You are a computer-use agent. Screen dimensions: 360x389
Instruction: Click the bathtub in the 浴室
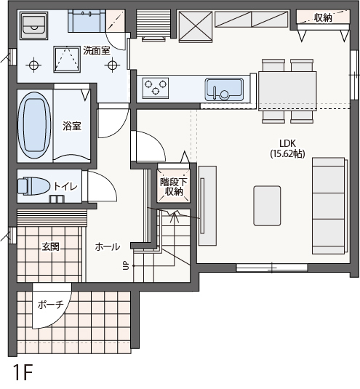(x=34, y=125)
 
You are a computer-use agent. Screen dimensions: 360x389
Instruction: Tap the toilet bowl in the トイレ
(x=33, y=185)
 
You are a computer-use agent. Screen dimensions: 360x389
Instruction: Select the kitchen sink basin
(x=224, y=89)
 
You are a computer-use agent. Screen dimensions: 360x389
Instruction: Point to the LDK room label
(x=287, y=143)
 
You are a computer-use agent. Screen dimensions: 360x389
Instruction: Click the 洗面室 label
(x=96, y=51)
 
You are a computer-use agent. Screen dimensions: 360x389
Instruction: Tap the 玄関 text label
(x=51, y=247)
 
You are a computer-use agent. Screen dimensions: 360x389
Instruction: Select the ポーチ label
(x=51, y=305)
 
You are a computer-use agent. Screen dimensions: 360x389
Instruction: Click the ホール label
(x=108, y=246)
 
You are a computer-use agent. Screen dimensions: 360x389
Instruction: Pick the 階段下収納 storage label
(x=173, y=187)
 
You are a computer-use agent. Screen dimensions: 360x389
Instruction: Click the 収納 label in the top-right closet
(x=323, y=17)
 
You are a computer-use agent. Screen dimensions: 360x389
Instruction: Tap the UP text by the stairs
(x=126, y=265)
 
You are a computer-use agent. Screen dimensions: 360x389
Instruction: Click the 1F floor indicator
(x=23, y=372)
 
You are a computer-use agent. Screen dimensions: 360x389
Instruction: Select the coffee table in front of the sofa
(x=267, y=206)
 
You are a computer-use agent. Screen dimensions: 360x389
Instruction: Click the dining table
(x=287, y=91)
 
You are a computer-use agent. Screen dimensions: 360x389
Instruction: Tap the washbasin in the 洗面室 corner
(x=34, y=25)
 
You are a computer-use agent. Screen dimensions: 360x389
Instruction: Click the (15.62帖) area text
(x=287, y=154)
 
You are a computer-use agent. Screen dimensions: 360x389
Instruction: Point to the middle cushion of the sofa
(x=329, y=206)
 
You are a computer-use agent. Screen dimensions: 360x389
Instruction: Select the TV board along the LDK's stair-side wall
(x=207, y=206)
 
